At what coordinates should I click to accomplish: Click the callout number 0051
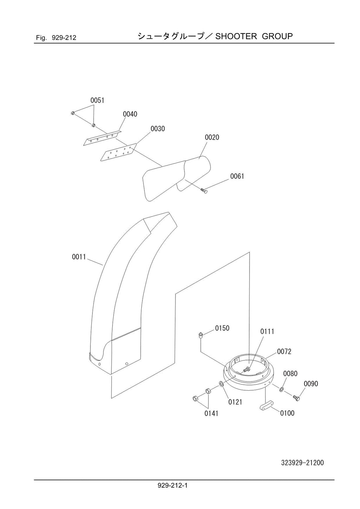point(97,100)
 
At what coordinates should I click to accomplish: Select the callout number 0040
point(130,114)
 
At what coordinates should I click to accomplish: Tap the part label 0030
point(157,129)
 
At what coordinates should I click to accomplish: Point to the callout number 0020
point(212,137)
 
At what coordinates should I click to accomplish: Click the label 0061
point(237,176)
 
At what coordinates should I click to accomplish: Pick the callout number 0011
point(79,257)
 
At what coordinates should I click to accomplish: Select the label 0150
point(222,328)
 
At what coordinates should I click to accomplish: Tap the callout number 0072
point(284,352)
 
